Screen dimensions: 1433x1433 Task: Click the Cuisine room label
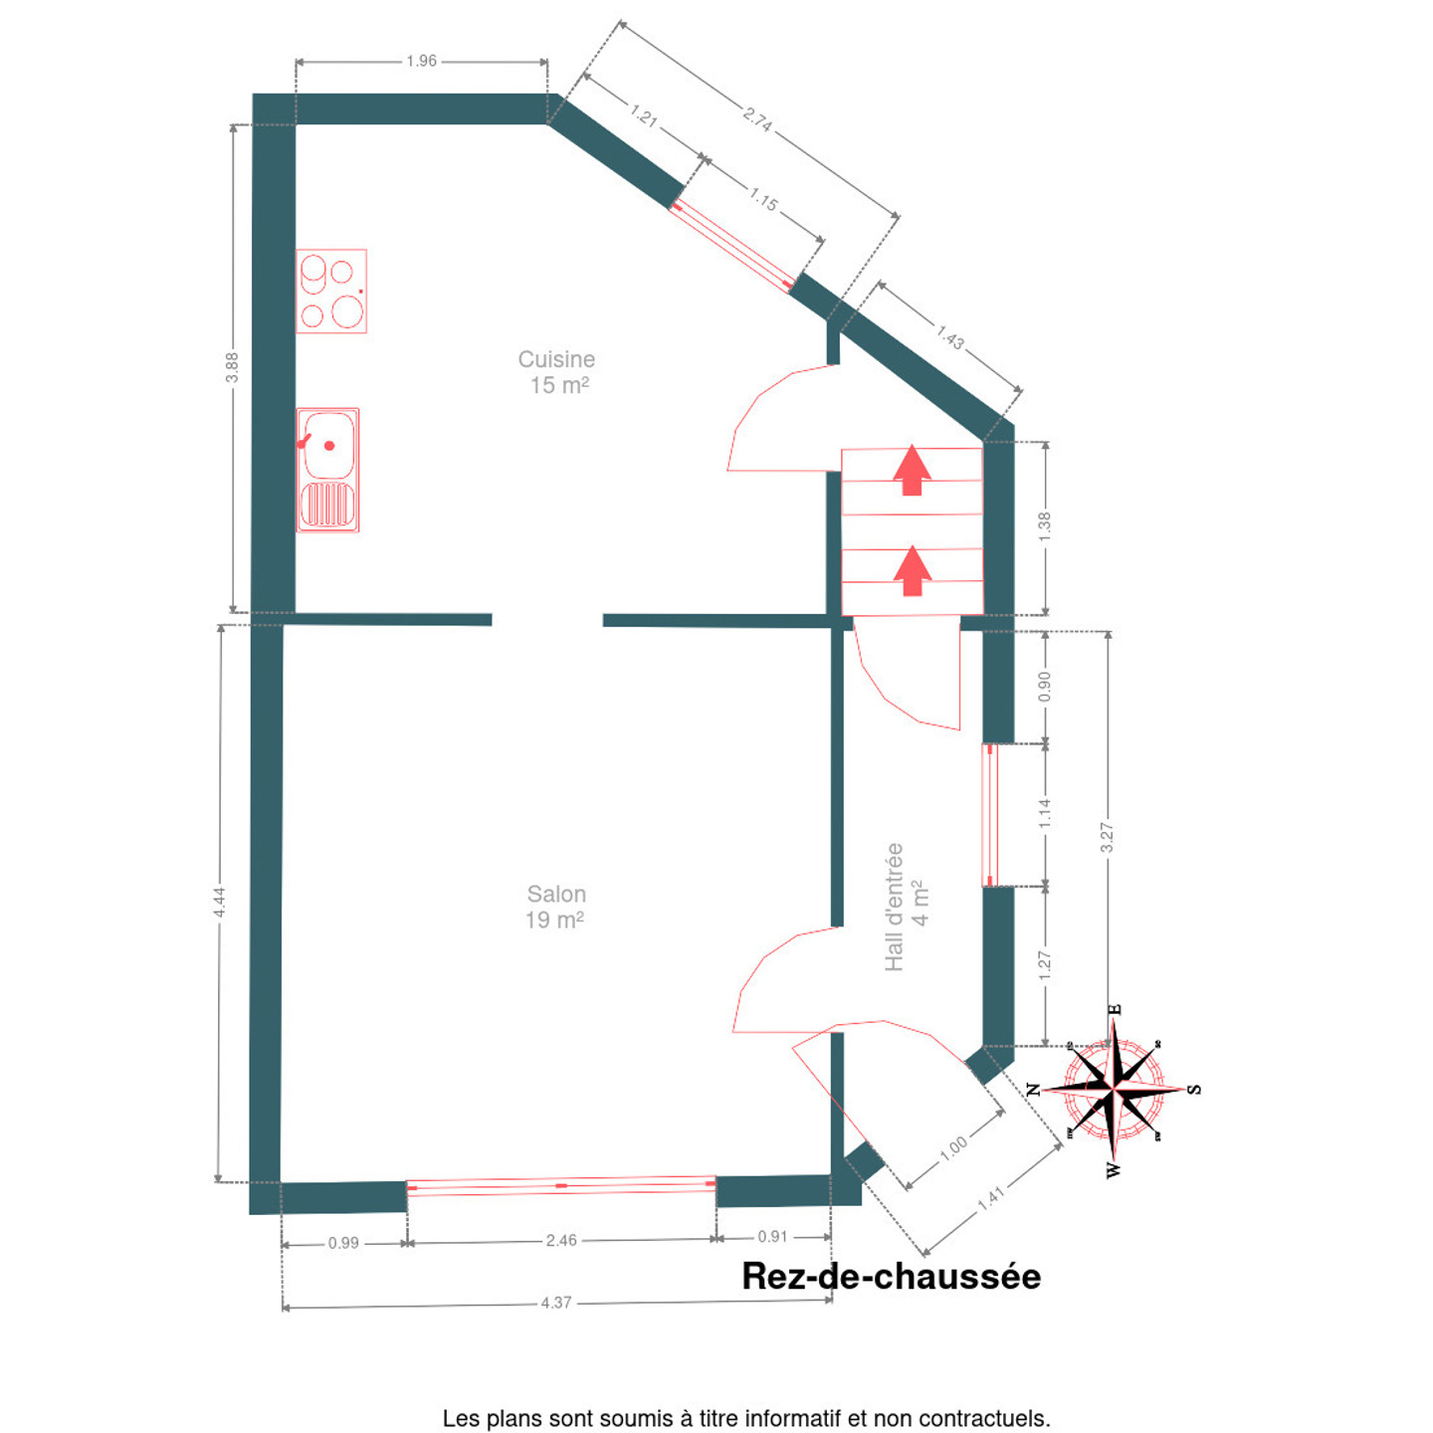pyautogui.click(x=556, y=372)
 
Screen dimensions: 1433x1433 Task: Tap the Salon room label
pyautogui.click(x=555, y=907)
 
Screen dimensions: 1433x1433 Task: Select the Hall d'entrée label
pyautogui.click(x=907, y=907)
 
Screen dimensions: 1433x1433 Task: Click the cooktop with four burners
pyautogui.click(x=331, y=291)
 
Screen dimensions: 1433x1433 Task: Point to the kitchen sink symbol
pyautogui.click(x=328, y=470)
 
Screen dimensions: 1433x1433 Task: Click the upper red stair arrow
pyautogui.click(x=912, y=470)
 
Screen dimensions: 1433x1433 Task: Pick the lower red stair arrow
pyautogui.click(x=912, y=571)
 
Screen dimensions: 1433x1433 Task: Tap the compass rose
pyautogui.click(x=1114, y=1091)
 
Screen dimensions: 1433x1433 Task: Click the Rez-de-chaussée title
pyautogui.click(x=891, y=1276)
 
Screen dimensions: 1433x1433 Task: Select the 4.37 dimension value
pyautogui.click(x=556, y=1303)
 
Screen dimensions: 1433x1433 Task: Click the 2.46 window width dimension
pyautogui.click(x=561, y=1240)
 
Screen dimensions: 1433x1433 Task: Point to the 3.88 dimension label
pyautogui.click(x=232, y=366)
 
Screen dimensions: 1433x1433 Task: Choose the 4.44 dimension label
pyautogui.click(x=219, y=902)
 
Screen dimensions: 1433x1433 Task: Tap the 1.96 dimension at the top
pyautogui.click(x=422, y=61)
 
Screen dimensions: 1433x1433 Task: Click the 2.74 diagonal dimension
pyautogui.click(x=757, y=119)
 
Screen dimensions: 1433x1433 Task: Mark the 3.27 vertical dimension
pyautogui.click(x=1108, y=837)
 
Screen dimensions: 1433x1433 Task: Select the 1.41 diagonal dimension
pyautogui.click(x=990, y=1198)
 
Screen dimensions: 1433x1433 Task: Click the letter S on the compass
pyautogui.click(x=1194, y=1090)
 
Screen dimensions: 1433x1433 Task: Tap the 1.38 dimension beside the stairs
pyautogui.click(x=1045, y=526)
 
